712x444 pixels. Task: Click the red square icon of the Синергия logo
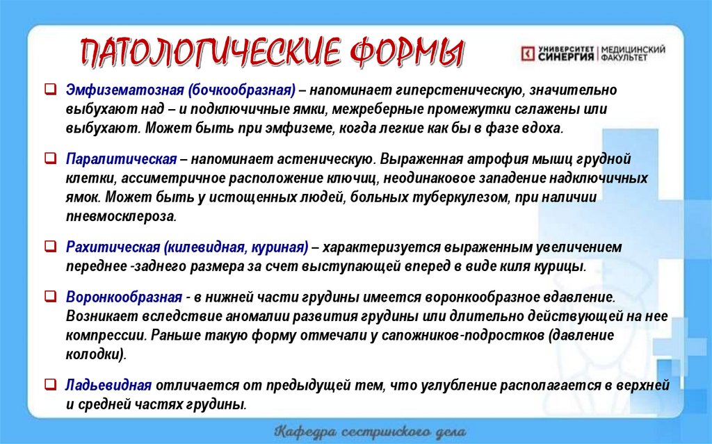point(527,53)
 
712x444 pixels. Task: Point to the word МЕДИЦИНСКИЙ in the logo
point(633,49)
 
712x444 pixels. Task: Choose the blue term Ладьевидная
point(109,385)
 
